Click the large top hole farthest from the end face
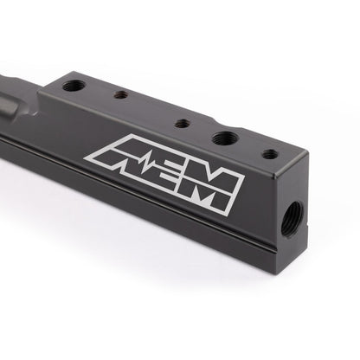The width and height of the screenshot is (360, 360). pyautogui.click(x=74, y=86)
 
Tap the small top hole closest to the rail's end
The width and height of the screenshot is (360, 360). pyautogui.click(x=270, y=154)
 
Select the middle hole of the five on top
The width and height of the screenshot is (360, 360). pyautogui.click(x=182, y=123)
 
